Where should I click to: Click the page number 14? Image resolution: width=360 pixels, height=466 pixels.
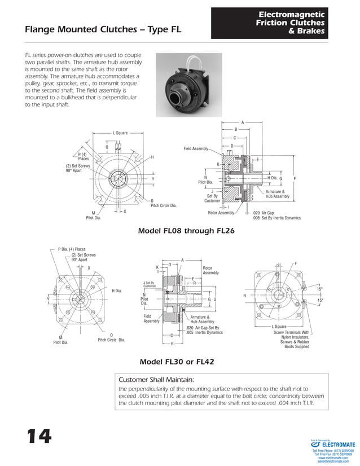[37, 436]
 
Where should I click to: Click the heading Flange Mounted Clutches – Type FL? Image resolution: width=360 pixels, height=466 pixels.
[103, 30]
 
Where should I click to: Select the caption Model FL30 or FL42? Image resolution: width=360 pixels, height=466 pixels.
[179, 362]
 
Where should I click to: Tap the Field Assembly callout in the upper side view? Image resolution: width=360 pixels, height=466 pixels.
[196, 148]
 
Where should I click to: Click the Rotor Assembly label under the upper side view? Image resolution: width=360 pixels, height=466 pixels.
[221, 213]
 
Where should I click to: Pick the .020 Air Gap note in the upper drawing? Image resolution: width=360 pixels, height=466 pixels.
[263, 213]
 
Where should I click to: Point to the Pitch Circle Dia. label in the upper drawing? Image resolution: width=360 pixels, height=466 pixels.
[163, 205]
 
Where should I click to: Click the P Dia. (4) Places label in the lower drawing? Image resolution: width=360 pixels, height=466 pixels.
[72, 249]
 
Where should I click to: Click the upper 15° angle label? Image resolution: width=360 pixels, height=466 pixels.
[319, 289]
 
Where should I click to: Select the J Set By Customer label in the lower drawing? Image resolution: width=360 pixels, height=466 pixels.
[149, 285]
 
